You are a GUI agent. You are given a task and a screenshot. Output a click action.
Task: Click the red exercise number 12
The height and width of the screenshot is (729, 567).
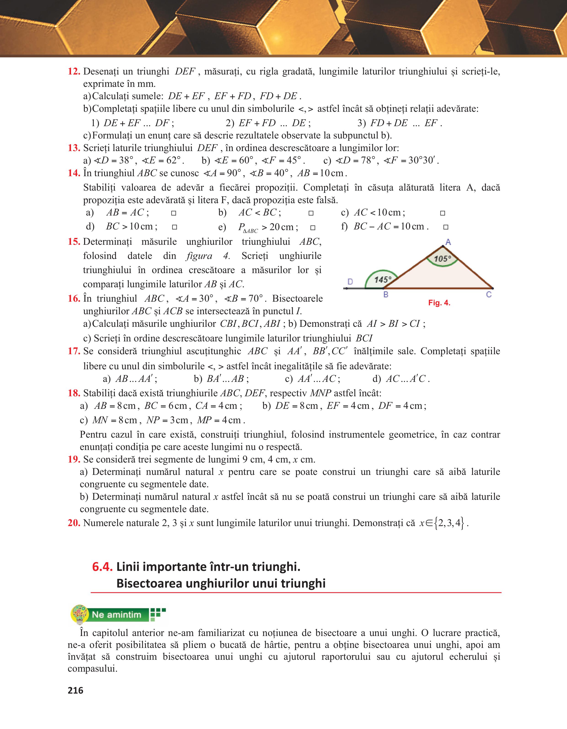click(74, 72)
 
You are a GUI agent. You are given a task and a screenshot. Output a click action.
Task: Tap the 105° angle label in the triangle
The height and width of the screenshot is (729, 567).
click(442, 258)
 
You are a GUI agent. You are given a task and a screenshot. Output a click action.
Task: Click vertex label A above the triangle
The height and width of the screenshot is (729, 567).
click(448, 242)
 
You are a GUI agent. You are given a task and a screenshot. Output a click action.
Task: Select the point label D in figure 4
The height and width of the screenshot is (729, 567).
click(350, 282)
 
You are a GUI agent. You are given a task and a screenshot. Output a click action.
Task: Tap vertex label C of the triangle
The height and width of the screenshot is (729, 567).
click(489, 294)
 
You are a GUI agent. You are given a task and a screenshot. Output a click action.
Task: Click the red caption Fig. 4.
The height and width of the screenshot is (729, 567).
click(439, 303)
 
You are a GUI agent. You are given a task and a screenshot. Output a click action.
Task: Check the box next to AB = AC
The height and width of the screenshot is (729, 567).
click(173, 213)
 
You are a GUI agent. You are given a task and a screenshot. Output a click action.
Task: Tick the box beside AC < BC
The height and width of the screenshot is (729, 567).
click(311, 213)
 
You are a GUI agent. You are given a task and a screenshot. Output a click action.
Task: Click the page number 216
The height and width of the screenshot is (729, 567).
click(75, 690)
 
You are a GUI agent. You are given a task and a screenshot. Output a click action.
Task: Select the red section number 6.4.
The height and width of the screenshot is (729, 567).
click(102, 567)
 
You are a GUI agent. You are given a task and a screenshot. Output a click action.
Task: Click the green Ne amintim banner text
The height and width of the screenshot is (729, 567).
click(117, 615)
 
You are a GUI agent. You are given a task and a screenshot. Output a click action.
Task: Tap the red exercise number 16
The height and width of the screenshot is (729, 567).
click(74, 298)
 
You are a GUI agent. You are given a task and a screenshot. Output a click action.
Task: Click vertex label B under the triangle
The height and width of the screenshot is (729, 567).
click(386, 294)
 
